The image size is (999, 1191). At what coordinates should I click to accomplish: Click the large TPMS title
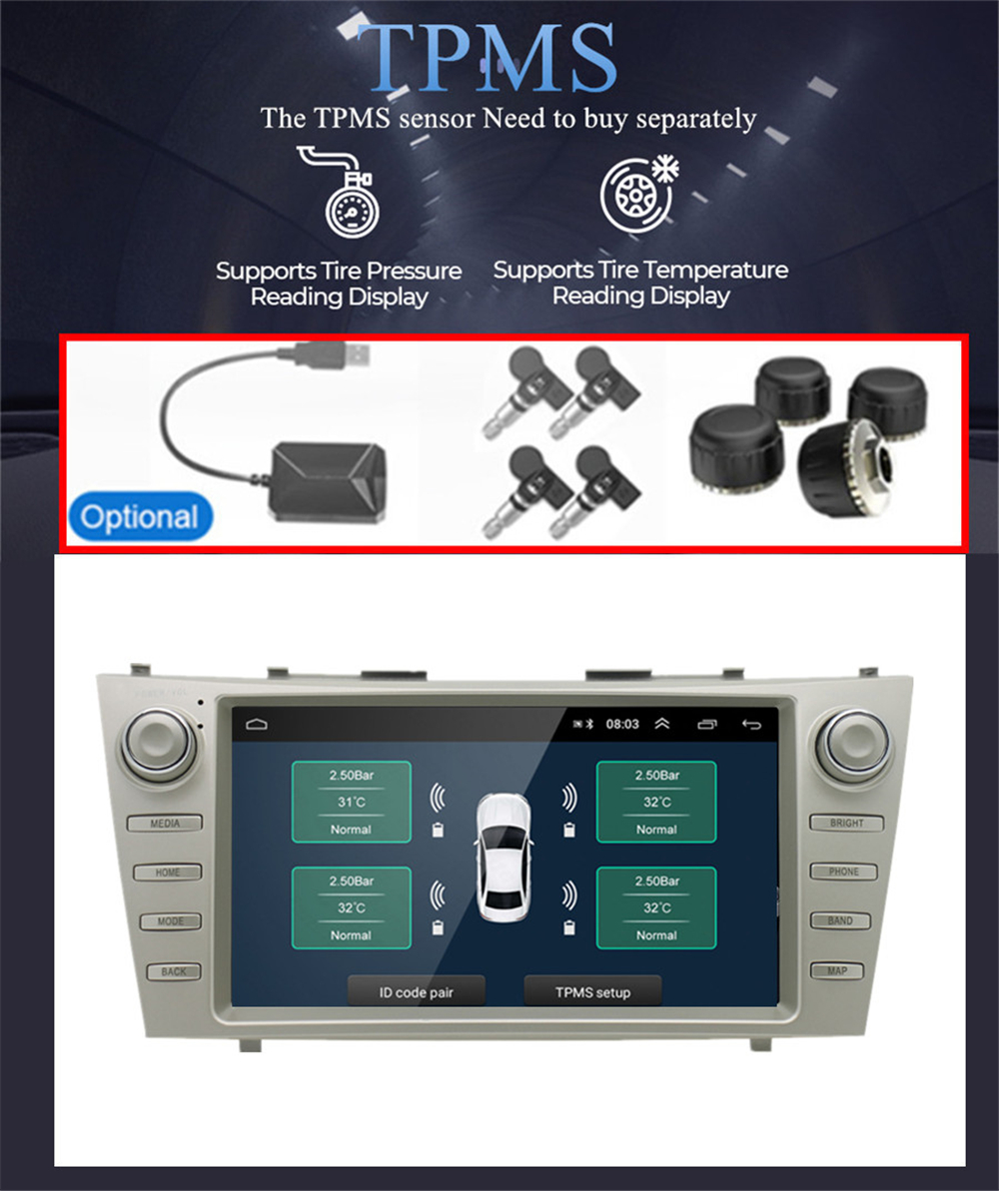pos(488,58)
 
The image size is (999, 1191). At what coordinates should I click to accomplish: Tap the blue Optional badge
pos(141,516)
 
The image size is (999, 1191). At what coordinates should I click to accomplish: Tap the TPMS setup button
pos(593,991)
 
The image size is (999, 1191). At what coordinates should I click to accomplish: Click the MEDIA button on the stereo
pos(165,824)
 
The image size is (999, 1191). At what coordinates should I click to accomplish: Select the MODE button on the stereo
pos(170,921)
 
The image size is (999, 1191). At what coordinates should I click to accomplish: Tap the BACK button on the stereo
pos(174,971)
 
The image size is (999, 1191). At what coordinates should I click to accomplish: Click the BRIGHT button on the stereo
pos(846,823)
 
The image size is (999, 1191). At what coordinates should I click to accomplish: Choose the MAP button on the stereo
pos(837,970)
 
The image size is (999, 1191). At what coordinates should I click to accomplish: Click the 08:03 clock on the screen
pos(622,724)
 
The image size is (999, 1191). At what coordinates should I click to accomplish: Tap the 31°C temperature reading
pos(352,802)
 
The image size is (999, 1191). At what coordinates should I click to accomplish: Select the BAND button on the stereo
pos(840,920)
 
